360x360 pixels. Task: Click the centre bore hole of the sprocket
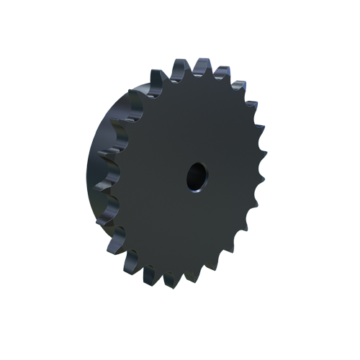tap(196, 176)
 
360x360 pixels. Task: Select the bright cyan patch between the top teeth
tap(190, 66)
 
